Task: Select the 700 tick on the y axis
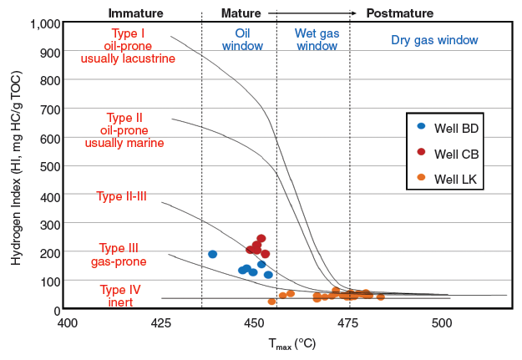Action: tap(48, 109)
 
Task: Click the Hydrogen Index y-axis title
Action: tap(17, 167)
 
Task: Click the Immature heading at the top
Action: tap(136, 13)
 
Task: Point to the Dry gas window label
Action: tap(434, 40)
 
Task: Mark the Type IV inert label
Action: tap(119, 296)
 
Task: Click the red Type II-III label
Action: tap(121, 197)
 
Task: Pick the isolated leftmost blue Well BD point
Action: tap(212, 254)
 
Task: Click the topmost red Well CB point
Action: tap(261, 239)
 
